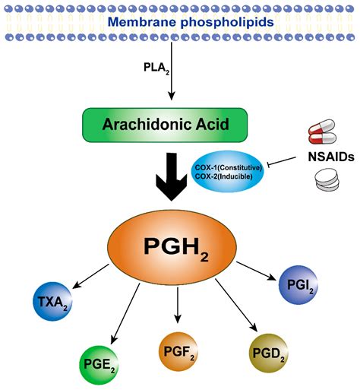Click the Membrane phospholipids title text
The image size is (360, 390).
click(x=180, y=21)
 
